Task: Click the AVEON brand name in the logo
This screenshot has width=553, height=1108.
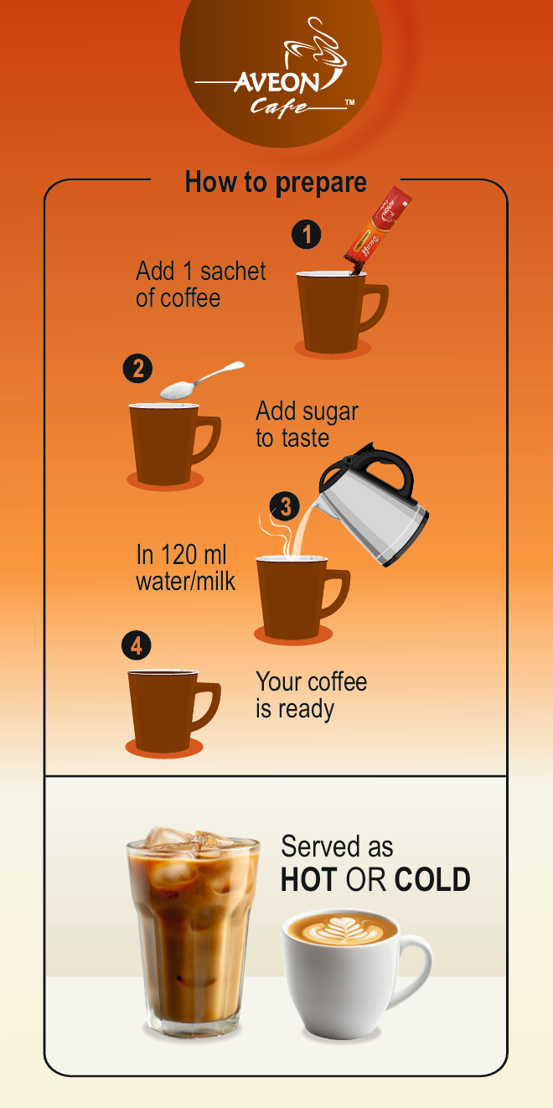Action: click(x=276, y=83)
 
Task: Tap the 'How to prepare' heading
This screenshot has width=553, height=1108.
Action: click(x=276, y=183)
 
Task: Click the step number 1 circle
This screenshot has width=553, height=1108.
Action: click(x=306, y=234)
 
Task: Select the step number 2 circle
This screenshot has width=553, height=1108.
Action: click(x=137, y=369)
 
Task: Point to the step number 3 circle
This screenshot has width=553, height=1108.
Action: click(x=284, y=506)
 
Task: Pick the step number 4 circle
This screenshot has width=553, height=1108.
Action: click(x=136, y=645)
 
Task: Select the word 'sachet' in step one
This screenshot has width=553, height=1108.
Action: click(x=233, y=271)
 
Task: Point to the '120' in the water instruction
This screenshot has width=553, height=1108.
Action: click(x=180, y=555)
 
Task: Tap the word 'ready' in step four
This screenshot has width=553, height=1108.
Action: click(x=306, y=710)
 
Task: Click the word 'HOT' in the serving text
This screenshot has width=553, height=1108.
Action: click(x=309, y=879)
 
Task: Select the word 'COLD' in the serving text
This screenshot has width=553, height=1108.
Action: click(x=432, y=879)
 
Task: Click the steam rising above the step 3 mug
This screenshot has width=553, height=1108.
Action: click(x=277, y=536)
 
